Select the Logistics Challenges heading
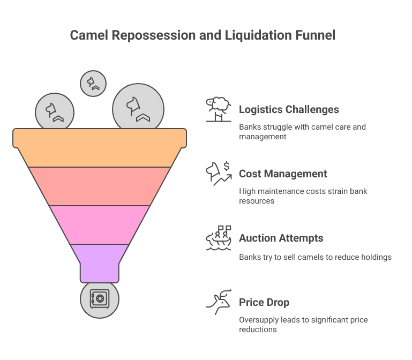[x=289, y=109]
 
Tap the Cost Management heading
[x=283, y=174]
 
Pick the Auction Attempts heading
[x=281, y=238]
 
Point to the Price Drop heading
[x=264, y=302]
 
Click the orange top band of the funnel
[x=100, y=147]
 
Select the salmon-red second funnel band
[x=100, y=186]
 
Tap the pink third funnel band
[x=100, y=224]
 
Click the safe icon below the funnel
[x=99, y=298]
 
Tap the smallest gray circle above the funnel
[x=93, y=83]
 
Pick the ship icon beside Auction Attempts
[x=218, y=238]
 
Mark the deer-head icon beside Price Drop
[x=218, y=302]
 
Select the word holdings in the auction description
[x=376, y=257]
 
